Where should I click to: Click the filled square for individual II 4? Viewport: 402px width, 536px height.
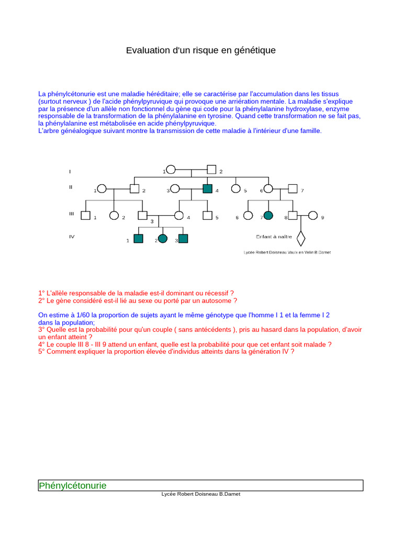click(x=207, y=188)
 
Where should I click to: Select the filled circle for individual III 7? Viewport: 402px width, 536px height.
click(x=269, y=215)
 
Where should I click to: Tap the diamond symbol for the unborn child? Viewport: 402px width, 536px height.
click(x=300, y=238)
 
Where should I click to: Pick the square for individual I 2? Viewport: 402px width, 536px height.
click(x=211, y=170)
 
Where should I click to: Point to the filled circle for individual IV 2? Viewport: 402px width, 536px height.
click(x=163, y=239)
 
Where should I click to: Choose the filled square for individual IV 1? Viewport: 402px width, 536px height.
click(x=138, y=239)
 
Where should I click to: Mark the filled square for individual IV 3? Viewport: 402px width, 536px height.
click(x=183, y=239)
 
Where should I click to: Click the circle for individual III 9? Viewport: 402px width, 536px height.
click(x=313, y=215)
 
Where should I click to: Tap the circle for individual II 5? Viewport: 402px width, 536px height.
click(x=236, y=188)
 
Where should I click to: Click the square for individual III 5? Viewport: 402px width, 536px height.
click(x=207, y=215)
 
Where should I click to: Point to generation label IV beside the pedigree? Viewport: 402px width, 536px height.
click(x=72, y=237)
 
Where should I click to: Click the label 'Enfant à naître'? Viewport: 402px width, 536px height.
click(x=274, y=237)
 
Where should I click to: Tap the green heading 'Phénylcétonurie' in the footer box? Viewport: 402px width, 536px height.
click(x=72, y=486)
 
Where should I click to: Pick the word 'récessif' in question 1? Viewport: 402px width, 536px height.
click(x=216, y=293)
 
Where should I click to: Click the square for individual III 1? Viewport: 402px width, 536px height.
click(x=86, y=215)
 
